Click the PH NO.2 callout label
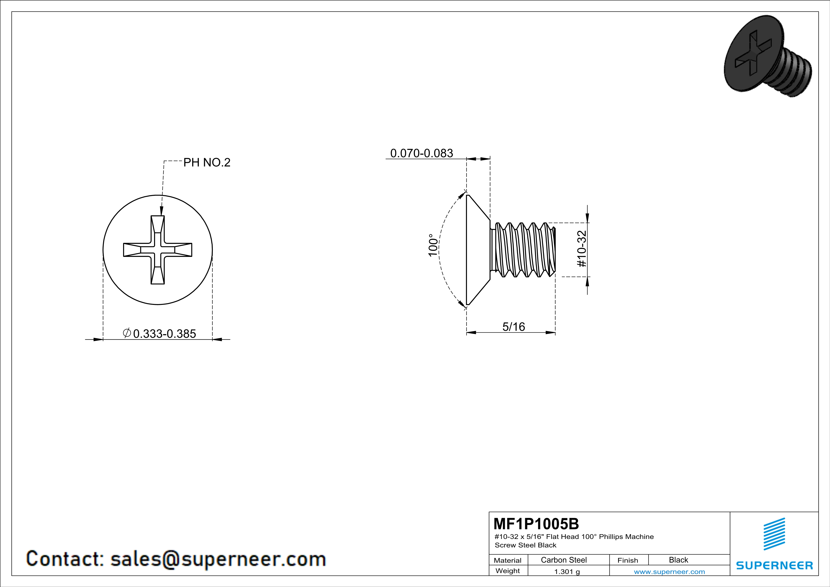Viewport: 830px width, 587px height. (207, 163)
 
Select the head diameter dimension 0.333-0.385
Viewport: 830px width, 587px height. (164, 334)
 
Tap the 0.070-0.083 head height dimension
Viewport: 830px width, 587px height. (422, 153)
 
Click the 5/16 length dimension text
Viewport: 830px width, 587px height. (514, 327)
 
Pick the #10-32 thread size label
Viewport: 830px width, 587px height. (582, 249)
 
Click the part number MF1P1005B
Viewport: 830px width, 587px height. (536, 523)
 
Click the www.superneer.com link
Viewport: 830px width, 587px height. (669, 571)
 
